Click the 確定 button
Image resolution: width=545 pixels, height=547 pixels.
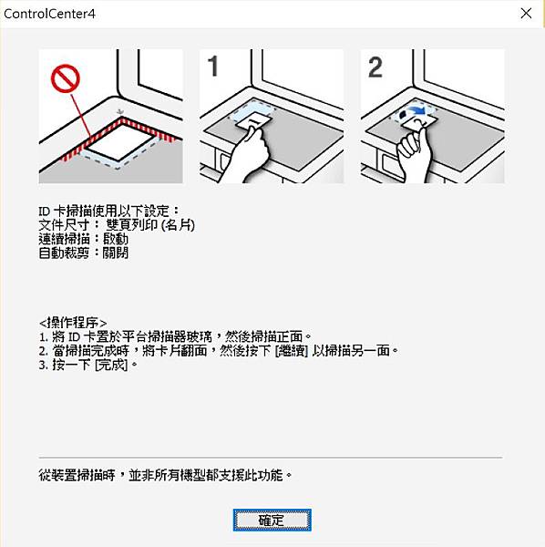tap(272, 521)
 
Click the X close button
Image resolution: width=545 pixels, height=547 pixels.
tap(526, 14)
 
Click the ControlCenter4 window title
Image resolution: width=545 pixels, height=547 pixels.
tap(49, 14)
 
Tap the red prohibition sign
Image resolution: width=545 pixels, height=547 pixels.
tap(66, 78)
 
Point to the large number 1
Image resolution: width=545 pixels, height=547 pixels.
tap(212, 67)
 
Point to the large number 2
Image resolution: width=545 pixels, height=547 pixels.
tap(375, 67)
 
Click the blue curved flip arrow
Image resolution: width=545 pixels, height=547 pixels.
tap(417, 111)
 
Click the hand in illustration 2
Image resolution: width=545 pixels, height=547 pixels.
tap(415, 156)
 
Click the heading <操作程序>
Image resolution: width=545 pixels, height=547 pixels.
tap(73, 323)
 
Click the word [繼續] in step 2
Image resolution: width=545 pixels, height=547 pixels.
tap(292, 351)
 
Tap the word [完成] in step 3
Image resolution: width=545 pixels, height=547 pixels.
tap(111, 365)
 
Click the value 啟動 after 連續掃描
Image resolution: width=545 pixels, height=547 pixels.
tap(116, 239)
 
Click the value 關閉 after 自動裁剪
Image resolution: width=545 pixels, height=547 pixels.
tap(116, 253)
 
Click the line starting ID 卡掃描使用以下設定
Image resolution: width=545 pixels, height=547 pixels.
tap(108, 212)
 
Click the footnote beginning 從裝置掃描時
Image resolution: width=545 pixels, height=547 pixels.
tap(165, 475)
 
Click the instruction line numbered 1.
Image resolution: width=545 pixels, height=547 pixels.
tap(175, 336)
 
